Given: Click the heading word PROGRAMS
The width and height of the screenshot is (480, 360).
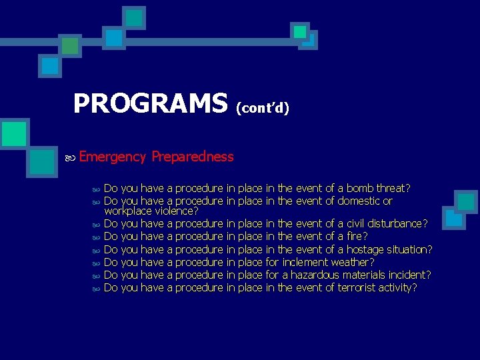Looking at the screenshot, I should pos(150,104).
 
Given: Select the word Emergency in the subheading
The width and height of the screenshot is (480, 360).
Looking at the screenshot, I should pos(112,157).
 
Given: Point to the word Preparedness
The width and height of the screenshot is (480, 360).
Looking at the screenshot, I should pos(193,157).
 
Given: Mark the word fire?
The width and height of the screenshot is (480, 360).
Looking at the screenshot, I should pos(357,237).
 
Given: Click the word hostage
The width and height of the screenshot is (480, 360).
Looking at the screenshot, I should pos(367,250).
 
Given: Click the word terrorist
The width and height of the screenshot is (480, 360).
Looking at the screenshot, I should pos(361,288).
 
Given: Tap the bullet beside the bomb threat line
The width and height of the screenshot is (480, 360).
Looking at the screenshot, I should pos(95,189).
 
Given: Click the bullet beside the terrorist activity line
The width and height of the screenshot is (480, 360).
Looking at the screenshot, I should pos(95,289).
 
